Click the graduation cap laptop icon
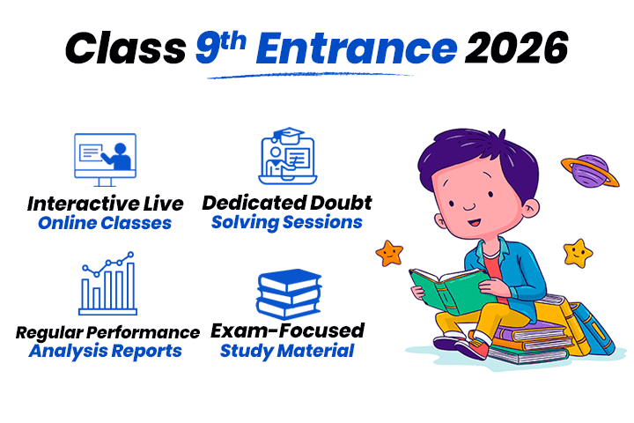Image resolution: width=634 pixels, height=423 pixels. coord(286,157)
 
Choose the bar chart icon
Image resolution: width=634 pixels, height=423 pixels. coord(107,284)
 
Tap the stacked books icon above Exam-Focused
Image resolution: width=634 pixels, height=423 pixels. coord(286,293)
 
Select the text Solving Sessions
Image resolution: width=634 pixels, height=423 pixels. coord(287,222)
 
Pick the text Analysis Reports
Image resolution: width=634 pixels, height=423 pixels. coord(106,351)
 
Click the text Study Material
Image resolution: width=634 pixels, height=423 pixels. coord(287,351)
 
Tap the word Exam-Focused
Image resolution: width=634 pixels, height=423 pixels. coord(287,330)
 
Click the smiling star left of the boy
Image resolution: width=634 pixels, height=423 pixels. coord(389,253)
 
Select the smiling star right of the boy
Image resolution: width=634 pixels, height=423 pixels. coord(578,253)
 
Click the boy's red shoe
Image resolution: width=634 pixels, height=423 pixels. coord(471,347)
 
